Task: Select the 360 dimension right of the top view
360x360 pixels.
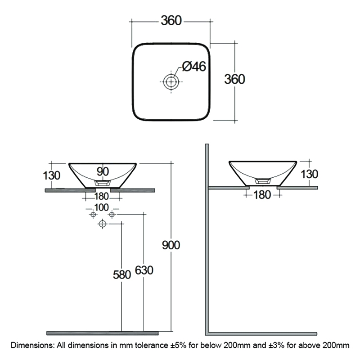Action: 235,79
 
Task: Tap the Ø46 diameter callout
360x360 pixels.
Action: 194,67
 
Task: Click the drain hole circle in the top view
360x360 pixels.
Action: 171,81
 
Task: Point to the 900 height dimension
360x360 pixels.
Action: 171,245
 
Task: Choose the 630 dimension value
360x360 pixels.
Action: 144,270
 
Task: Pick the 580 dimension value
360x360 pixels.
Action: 121,274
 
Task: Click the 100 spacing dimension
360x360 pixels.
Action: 102,207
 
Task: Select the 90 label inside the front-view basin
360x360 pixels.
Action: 103,171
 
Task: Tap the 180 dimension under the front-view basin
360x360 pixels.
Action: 102,196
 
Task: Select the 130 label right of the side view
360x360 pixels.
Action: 310,173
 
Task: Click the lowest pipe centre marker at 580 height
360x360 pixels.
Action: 103,223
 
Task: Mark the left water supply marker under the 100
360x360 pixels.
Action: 93,215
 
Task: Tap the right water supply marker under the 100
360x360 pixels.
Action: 112,215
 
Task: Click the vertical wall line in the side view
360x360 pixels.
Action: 207,238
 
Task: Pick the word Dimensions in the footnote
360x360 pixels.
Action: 31,346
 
